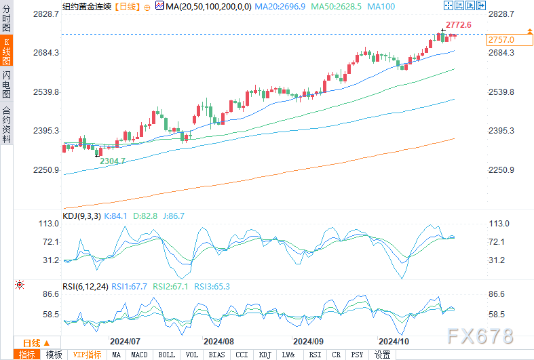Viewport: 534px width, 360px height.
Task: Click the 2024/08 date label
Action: (x=218, y=341)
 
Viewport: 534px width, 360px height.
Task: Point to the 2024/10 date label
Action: (x=394, y=341)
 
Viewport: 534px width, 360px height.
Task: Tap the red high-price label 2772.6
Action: (x=459, y=25)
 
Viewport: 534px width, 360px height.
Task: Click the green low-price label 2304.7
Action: (x=113, y=161)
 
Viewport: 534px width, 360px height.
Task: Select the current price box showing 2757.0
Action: (x=501, y=40)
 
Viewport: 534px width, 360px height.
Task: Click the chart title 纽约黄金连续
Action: (x=85, y=5)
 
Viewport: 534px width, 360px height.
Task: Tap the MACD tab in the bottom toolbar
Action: (x=139, y=355)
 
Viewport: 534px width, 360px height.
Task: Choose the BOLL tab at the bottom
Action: (x=166, y=355)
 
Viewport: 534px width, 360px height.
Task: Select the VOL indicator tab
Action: (x=192, y=355)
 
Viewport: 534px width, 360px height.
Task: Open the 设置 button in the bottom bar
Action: (x=382, y=355)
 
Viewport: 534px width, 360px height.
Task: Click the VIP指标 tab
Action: (x=87, y=355)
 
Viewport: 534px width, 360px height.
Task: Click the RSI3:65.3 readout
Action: (x=212, y=287)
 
